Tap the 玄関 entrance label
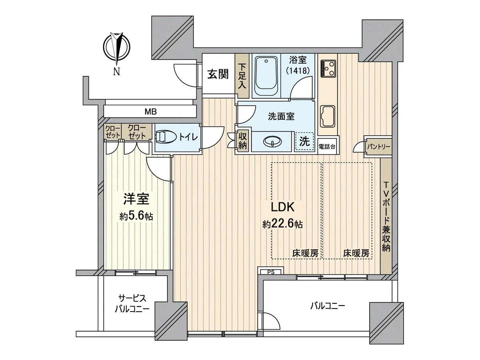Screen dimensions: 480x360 pos(218,74)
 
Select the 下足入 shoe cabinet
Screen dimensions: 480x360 pos(242,76)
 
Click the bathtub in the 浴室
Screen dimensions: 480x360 pos(266,76)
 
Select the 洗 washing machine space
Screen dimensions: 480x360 pos(304,142)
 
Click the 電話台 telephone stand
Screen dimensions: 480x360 pos(327,147)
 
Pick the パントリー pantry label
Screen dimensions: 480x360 pos(378,146)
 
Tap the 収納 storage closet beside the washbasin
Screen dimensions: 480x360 pos(242,141)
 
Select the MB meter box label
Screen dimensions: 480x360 pos(151,112)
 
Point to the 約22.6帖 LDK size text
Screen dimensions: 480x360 pos(282,224)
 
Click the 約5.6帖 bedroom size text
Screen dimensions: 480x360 pos(136,216)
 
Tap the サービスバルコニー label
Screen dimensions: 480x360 pos(132,304)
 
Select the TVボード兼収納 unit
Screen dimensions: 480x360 pos(386,216)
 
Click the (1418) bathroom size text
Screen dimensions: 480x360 pos(298,70)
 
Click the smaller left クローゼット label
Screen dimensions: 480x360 pos(112,132)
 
